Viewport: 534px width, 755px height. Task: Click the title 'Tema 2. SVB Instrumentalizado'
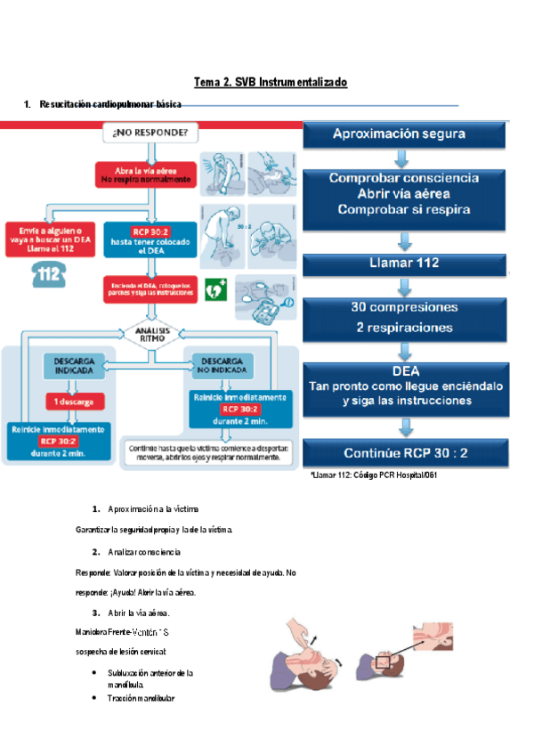pyautogui.click(x=271, y=82)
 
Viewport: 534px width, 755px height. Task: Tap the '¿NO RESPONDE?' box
pyautogui.click(x=150, y=134)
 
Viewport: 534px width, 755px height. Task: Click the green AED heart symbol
pyautogui.click(x=214, y=289)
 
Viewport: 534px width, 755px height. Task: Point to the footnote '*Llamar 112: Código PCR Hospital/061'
pyautogui.click(x=374, y=475)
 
